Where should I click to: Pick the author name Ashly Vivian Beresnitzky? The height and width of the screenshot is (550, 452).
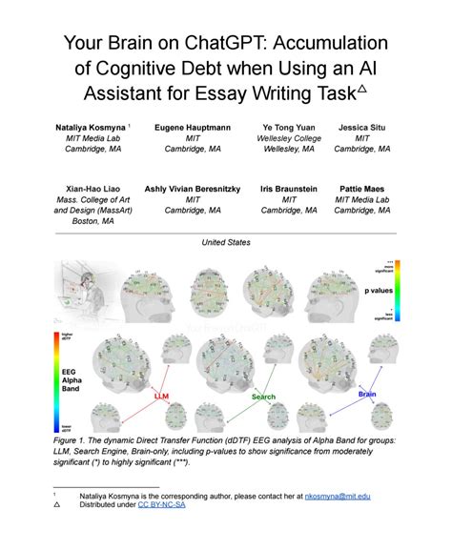coord(189,189)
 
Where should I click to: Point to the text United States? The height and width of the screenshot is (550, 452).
coord(226,243)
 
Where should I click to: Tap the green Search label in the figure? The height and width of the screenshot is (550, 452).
coord(263,397)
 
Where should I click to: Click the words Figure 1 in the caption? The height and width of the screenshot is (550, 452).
coord(76,443)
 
